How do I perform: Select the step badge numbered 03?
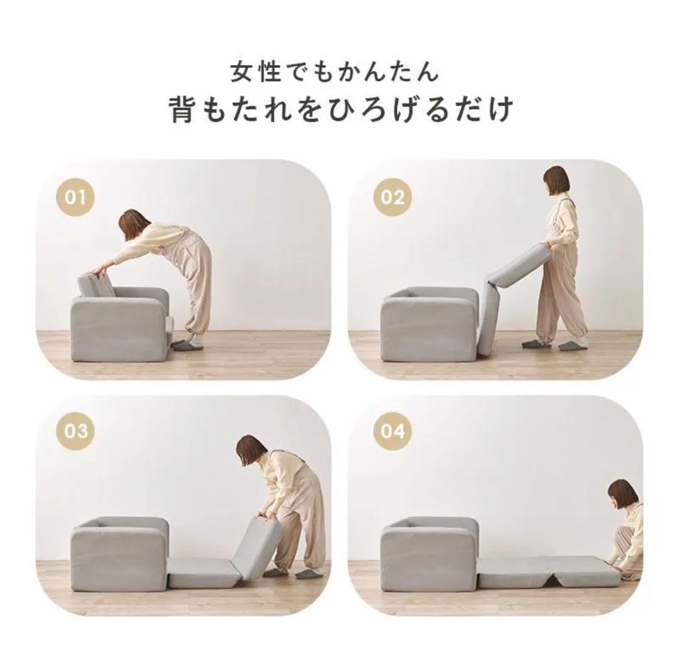(x=77, y=432)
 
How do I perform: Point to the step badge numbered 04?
(x=392, y=432)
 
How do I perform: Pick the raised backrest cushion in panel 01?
(x=97, y=286)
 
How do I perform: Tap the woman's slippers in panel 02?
(x=553, y=345)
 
